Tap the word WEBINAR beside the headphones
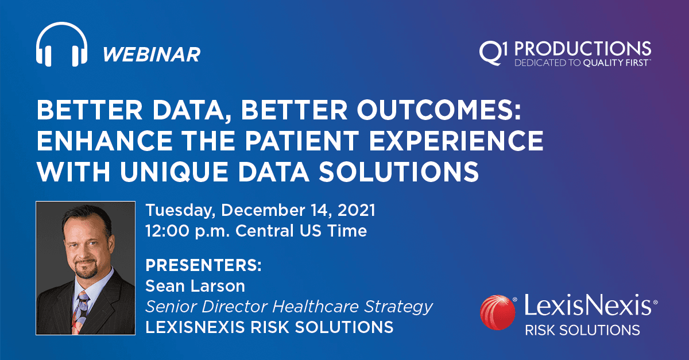[152, 55]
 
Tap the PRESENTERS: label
[204, 266]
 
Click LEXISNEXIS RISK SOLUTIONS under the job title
[269, 327]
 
